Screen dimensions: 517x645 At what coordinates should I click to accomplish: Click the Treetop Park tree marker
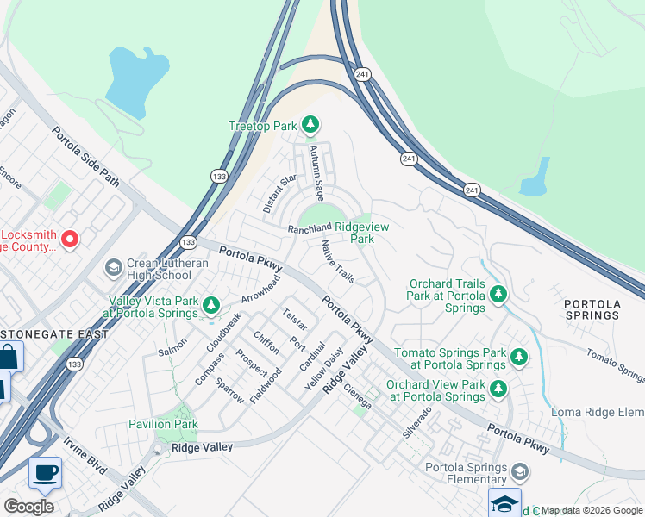coord(310,126)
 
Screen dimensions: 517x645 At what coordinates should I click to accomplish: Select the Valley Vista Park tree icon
coord(210,304)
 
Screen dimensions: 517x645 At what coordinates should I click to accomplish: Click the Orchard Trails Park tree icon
coord(498,295)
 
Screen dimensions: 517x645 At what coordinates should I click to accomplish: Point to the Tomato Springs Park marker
coord(518,356)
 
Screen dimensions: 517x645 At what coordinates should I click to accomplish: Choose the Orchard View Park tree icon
coord(498,389)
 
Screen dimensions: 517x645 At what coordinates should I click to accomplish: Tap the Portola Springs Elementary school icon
coord(519,471)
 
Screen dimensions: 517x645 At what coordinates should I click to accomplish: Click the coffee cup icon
coord(45,472)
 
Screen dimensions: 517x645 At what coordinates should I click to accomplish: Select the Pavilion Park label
coord(163,424)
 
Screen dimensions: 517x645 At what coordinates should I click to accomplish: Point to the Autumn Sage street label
coord(317,173)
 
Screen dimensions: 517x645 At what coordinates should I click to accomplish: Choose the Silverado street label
coord(416,425)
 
